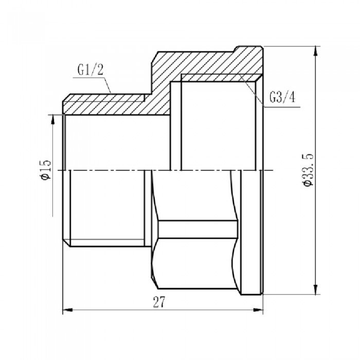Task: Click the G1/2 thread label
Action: [x=92, y=70]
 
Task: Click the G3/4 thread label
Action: [x=282, y=97]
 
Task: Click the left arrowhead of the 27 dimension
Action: [x=66, y=310]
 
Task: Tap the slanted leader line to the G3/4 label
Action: [x=252, y=90]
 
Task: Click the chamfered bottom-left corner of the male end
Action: [x=64, y=242]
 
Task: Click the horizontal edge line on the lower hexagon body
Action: [x=198, y=221]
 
